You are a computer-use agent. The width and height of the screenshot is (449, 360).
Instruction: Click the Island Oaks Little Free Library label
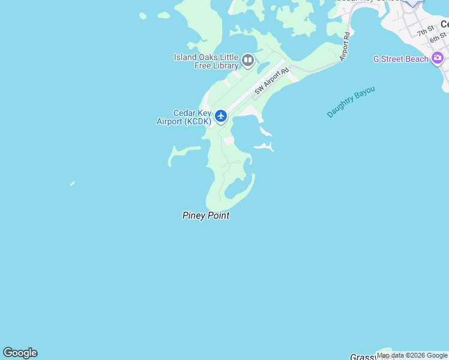pyautogui.click(x=206, y=61)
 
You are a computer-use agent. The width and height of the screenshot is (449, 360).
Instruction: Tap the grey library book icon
pyautogui.click(x=248, y=60)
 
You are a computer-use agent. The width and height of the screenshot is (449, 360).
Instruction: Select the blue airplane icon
pyautogui.click(x=221, y=115)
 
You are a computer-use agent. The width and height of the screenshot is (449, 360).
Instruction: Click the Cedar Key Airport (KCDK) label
pyautogui.click(x=184, y=117)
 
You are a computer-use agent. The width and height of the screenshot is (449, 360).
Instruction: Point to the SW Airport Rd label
pyautogui.click(x=271, y=81)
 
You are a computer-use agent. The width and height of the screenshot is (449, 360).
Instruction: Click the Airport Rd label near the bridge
pyautogui.click(x=345, y=47)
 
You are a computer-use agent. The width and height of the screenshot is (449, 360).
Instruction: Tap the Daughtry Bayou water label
pyautogui.click(x=351, y=101)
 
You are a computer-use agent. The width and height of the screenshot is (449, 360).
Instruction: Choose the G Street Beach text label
pyautogui.click(x=401, y=59)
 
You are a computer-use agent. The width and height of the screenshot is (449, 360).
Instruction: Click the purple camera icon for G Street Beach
pyautogui.click(x=438, y=58)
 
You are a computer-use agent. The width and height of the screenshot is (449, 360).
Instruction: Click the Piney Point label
pyautogui.click(x=206, y=215)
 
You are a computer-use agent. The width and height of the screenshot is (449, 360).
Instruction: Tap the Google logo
pyautogui.click(x=20, y=353)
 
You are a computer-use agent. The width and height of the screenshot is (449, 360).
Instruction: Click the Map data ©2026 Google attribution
pyautogui.click(x=412, y=355)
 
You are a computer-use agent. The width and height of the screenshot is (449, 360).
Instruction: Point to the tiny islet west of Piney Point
pyautogui.click(x=72, y=183)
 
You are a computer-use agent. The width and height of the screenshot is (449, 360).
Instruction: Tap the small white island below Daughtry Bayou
pyautogui.click(x=265, y=145)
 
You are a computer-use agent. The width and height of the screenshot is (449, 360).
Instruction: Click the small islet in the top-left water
pyautogui.click(x=143, y=16)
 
